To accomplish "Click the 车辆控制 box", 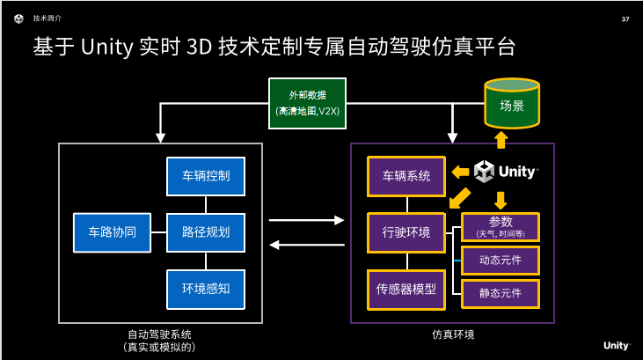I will pyautogui.click(x=206, y=176).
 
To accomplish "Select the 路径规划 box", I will pyautogui.click(x=206, y=232).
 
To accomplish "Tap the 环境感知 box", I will pyautogui.click(x=206, y=288).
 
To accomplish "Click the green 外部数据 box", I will pyautogui.click(x=306, y=102).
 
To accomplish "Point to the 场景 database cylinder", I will pyautogui.click(x=511, y=105).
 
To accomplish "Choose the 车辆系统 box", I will pyautogui.click(x=406, y=176).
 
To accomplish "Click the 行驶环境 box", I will pyautogui.click(x=406, y=232).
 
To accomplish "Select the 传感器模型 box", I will pyautogui.click(x=406, y=288).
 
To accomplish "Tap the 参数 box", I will pyautogui.click(x=500, y=226).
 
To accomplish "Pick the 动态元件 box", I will pyautogui.click(x=500, y=260).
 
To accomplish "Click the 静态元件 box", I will pyautogui.click(x=500, y=292).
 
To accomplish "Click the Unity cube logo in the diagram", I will pyautogui.click(x=485, y=171).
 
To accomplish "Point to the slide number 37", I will pyautogui.click(x=625, y=19).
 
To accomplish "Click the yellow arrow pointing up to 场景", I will pyautogui.click(x=501, y=139).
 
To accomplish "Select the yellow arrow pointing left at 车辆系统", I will pyautogui.click(x=459, y=172).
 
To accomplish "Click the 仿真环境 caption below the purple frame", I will pyautogui.click(x=452, y=334).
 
